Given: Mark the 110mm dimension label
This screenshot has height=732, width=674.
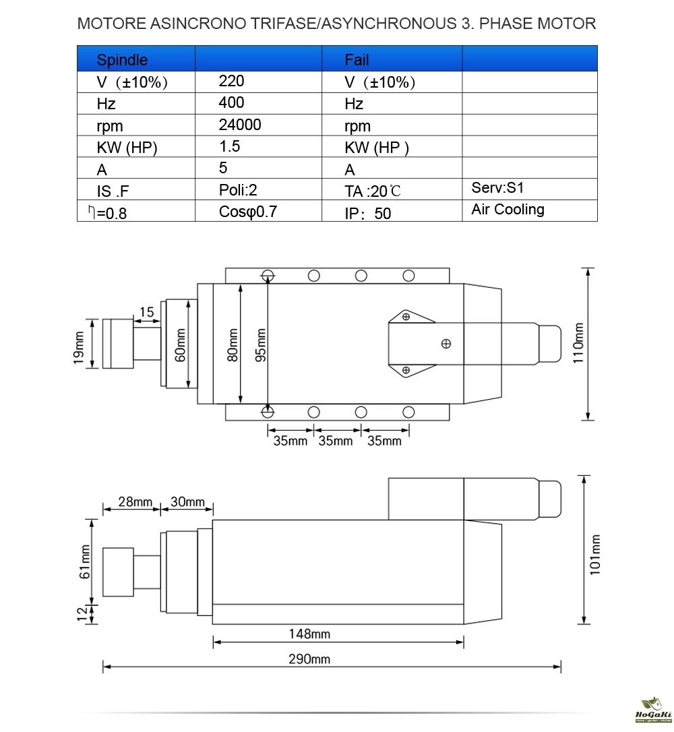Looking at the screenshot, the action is (x=578, y=342).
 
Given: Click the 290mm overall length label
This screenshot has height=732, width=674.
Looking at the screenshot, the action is (x=309, y=659).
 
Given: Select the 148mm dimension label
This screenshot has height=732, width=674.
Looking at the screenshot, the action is (x=309, y=634).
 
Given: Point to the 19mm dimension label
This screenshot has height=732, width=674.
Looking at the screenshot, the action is (x=79, y=348).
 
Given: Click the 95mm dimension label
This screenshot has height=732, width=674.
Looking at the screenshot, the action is (x=260, y=345).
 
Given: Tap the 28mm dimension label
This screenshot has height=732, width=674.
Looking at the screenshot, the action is (x=135, y=502).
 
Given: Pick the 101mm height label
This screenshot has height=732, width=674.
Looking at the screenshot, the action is (x=594, y=555).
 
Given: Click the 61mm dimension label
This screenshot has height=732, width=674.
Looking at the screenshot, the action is (x=84, y=561).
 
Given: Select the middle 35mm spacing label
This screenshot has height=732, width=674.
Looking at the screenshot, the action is (x=336, y=441).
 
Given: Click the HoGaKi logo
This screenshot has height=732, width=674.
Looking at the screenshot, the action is (x=654, y=710).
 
